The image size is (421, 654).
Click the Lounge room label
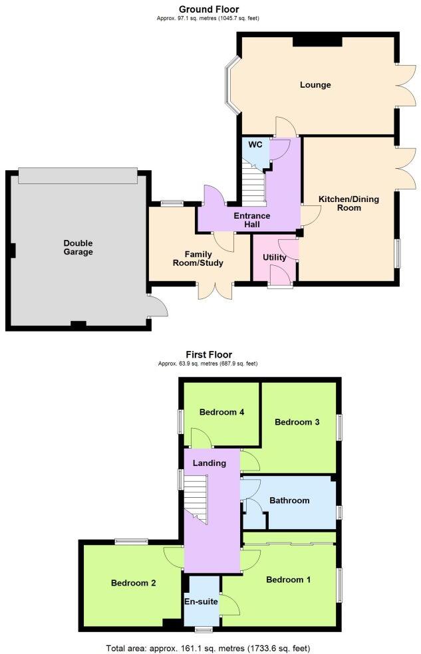click(315, 85)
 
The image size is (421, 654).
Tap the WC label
click(255, 144)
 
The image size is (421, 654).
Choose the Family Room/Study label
click(200, 258)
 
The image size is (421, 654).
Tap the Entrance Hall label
click(251, 220)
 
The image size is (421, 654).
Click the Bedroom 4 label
click(221, 412)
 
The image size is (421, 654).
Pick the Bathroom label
click(289, 500)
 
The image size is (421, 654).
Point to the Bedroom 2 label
click(133, 583)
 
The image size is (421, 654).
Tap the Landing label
click(209, 463)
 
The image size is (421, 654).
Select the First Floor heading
click(209, 355)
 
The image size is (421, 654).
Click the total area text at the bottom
click(208, 647)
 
